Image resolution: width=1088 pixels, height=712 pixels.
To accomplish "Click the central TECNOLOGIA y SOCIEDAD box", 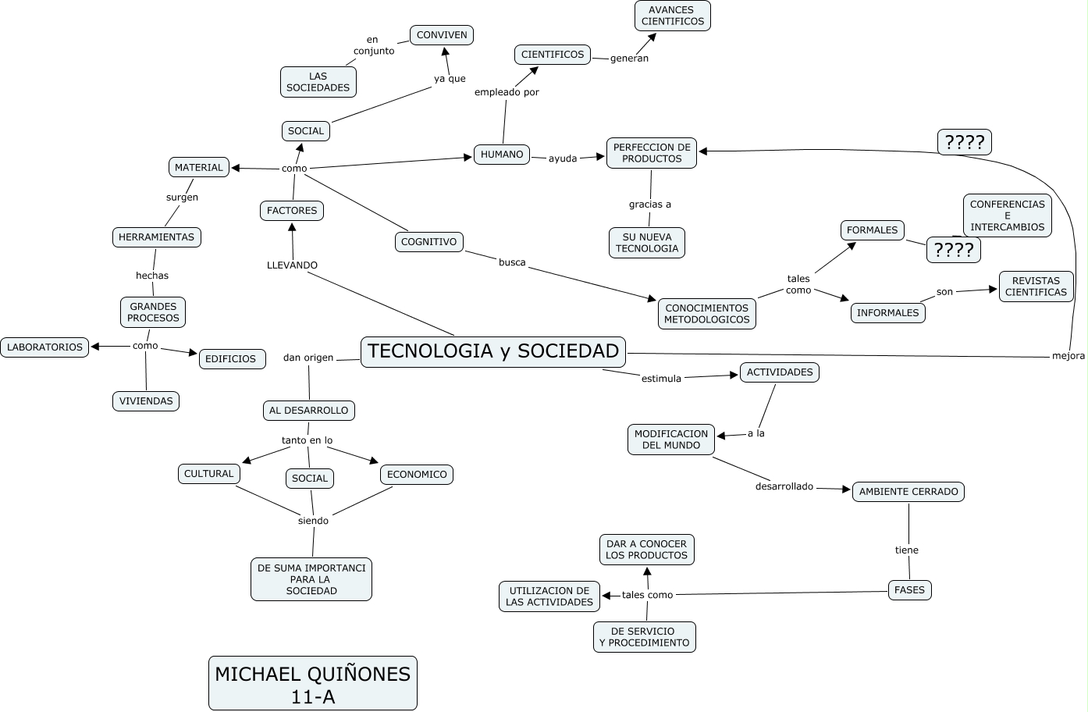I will pyautogui.click(x=493, y=351).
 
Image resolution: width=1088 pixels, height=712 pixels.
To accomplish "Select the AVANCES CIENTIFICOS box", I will pyautogui.click(x=672, y=16).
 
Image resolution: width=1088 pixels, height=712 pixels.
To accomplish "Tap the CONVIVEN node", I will pyautogui.click(x=442, y=35).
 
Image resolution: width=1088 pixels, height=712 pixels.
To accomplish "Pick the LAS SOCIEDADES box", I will pyautogui.click(x=318, y=82).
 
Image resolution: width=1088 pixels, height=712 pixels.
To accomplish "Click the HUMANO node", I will pyautogui.click(x=502, y=155).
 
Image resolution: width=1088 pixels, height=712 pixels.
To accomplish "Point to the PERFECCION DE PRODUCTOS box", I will pyautogui.click(x=652, y=153).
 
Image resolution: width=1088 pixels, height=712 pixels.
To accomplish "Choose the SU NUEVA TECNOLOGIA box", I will pyautogui.click(x=647, y=243).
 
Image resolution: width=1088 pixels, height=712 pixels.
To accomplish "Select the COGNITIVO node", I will pyautogui.click(x=428, y=242).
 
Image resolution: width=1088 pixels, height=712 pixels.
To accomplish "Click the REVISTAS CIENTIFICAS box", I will pyautogui.click(x=1036, y=287).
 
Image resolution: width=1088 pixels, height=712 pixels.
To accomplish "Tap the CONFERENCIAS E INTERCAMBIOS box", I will pyautogui.click(x=1007, y=215).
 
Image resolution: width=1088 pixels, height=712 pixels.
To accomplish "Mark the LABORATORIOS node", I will pyautogui.click(x=44, y=347).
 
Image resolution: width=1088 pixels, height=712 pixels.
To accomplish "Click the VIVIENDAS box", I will pyautogui.click(x=146, y=401).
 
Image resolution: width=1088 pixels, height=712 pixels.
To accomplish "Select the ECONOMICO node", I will pyautogui.click(x=417, y=475).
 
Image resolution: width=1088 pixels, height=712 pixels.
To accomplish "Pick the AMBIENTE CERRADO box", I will pyautogui.click(x=908, y=492).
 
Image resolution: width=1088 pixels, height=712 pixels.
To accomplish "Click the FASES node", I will pyautogui.click(x=909, y=590).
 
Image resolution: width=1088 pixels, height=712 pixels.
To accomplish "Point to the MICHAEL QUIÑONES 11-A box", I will pyautogui.click(x=312, y=683).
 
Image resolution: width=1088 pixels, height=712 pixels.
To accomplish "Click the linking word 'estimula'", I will pyautogui.click(x=661, y=379).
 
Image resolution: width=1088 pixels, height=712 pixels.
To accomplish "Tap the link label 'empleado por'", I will pyautogui.click(x=507, y=92).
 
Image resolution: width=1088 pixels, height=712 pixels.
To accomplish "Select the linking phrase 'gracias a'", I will pyautogui.click(x=650, y=205).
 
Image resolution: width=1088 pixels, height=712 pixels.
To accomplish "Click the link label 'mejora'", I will pyautogui.click(x=1068, y=356).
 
